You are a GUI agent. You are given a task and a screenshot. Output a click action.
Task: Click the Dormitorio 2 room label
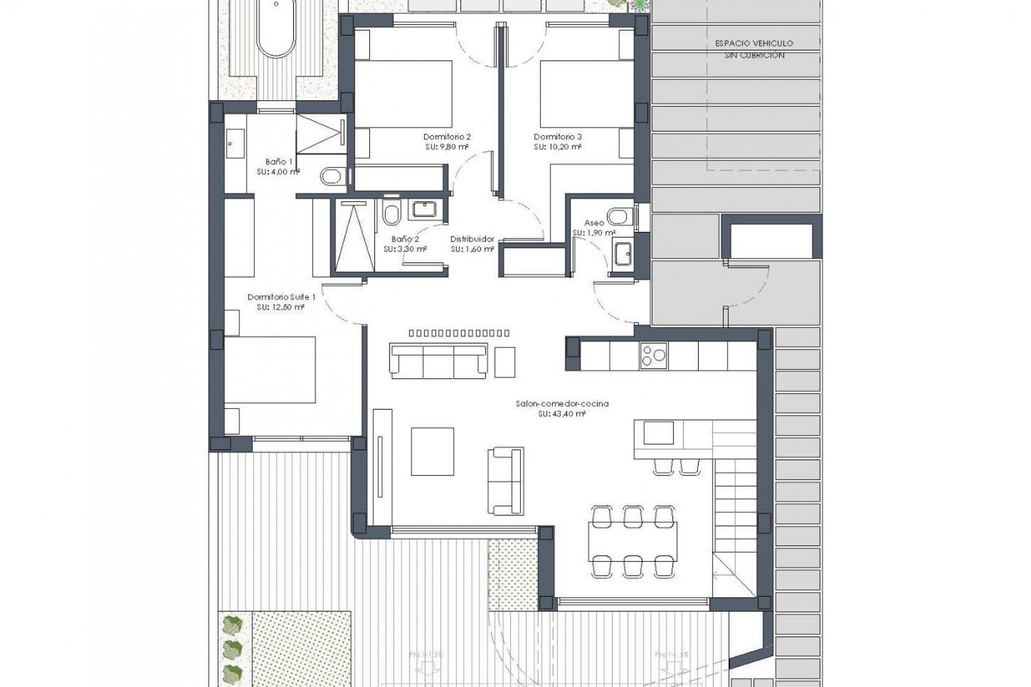(447, 137)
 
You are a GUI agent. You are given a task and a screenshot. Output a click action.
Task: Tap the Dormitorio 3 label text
(557, 137)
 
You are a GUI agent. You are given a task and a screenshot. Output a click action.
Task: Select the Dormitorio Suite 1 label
(281, 297)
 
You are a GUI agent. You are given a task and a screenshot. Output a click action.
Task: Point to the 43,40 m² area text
(562, 414)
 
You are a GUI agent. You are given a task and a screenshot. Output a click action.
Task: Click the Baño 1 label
(279, 162)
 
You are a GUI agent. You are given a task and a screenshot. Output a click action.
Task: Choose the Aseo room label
(594, 223)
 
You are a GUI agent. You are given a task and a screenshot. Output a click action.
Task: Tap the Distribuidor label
(472, 239)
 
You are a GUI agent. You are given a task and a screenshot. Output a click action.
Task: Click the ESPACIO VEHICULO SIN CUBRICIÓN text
(754, 49)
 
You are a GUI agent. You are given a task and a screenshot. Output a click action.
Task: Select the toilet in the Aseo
(620, 215)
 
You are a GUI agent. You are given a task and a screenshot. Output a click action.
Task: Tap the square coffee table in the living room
(432, 451)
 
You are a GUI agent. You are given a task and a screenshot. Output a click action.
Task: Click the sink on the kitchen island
(658, 433)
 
